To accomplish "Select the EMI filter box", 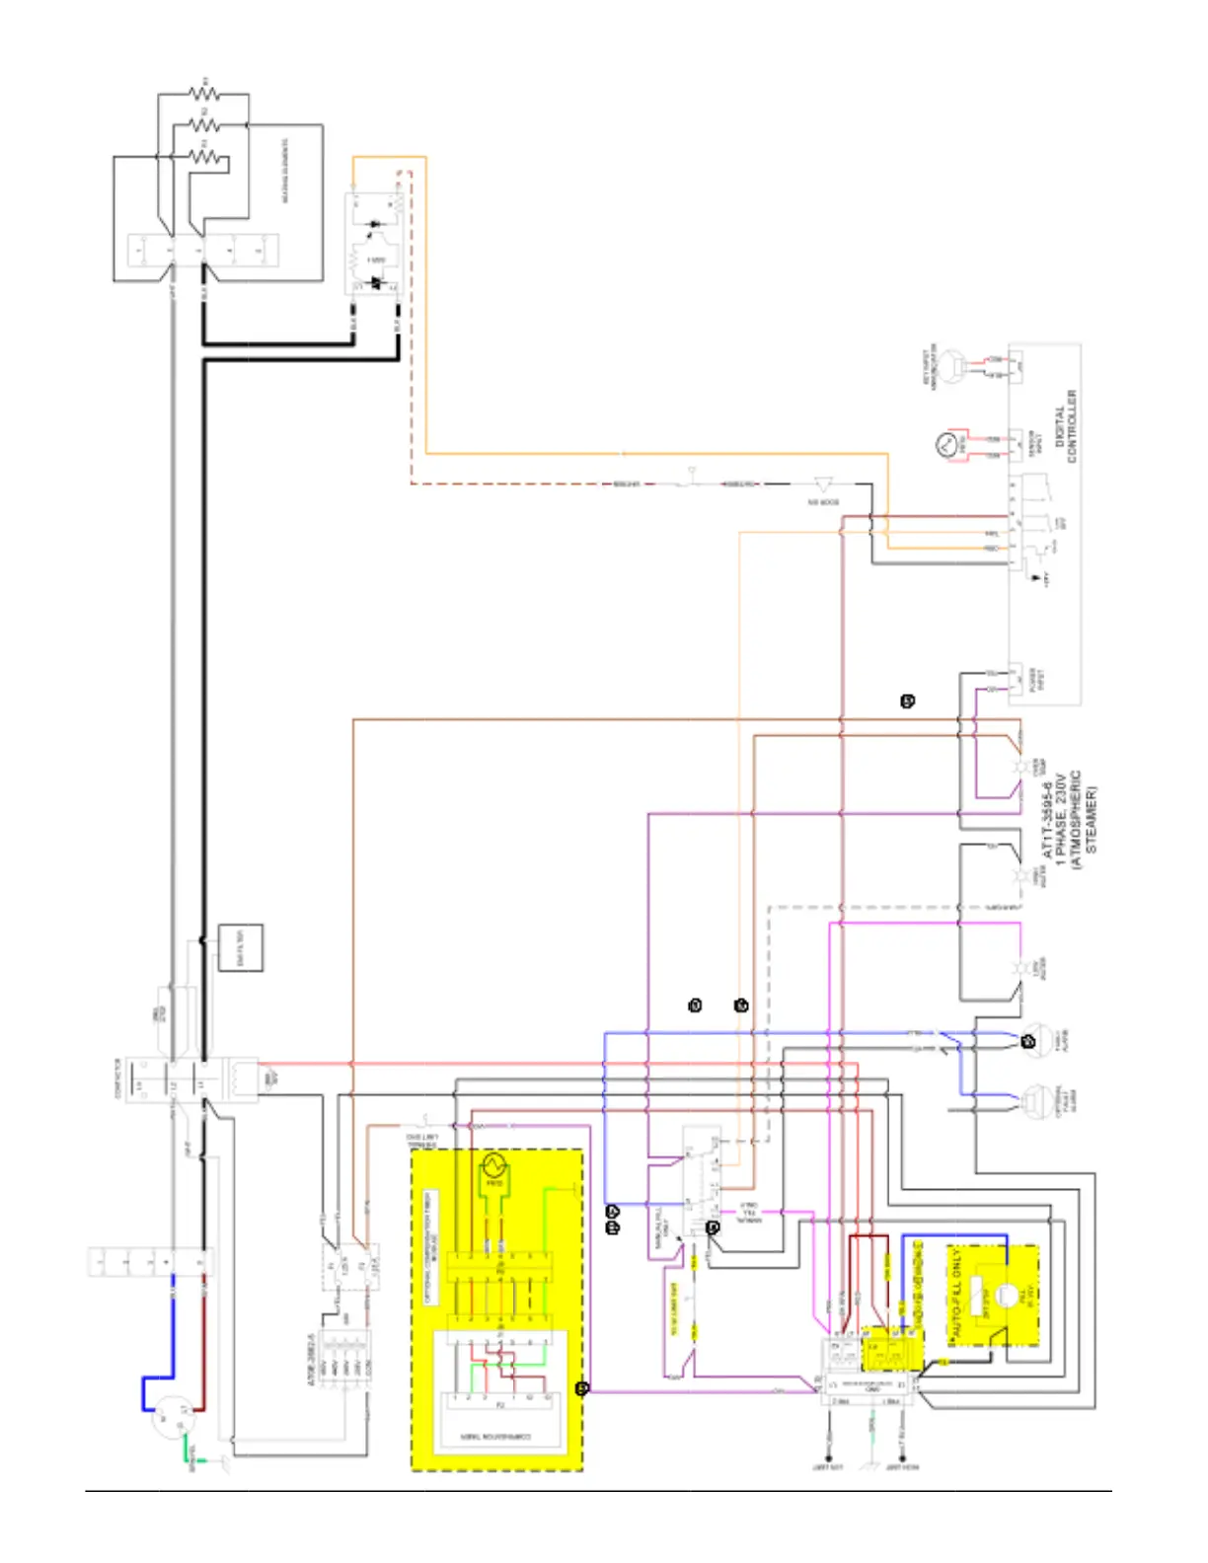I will point(241,948).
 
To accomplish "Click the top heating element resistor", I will point(205,92).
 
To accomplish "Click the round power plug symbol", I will point(168,1421).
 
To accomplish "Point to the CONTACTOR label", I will point(118,1079).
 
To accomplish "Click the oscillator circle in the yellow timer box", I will point(493,1168).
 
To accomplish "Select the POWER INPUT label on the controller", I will point(1037,679).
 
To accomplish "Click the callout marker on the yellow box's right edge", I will point(582,1388).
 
